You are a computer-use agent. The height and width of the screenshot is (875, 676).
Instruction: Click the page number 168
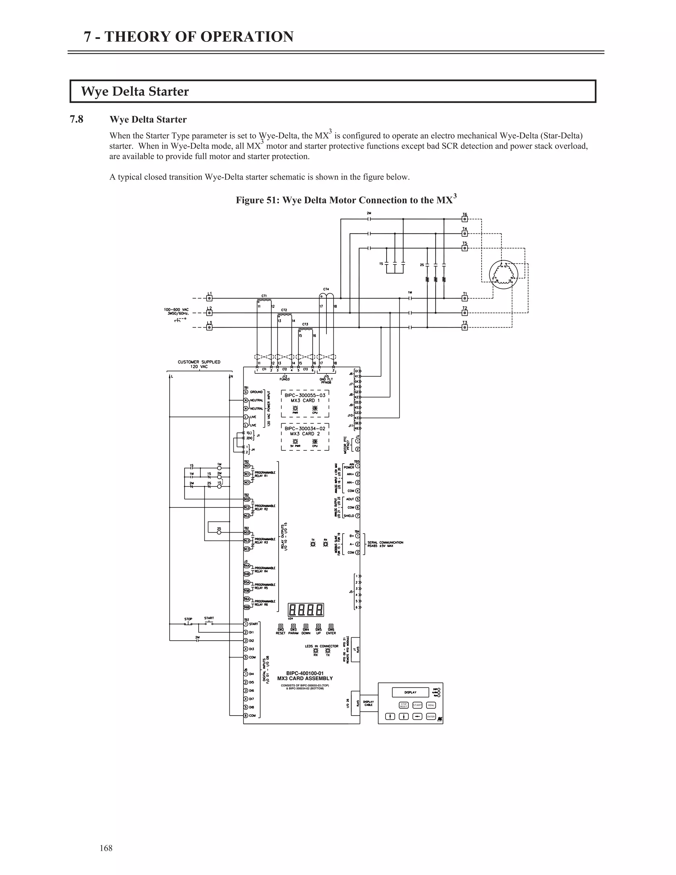[106, 848]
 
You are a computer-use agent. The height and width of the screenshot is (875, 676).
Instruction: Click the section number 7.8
[77, 120]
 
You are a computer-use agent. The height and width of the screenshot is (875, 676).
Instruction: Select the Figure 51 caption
[346, 199]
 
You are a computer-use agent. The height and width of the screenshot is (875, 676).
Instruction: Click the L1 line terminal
[209, 298]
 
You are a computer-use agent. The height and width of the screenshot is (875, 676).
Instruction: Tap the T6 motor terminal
[464, 219]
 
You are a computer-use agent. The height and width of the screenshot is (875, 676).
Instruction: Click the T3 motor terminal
[464, 327]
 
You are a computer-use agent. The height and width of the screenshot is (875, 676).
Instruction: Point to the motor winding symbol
[503, 274]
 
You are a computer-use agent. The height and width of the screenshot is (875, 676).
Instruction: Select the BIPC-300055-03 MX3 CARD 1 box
[305, 403]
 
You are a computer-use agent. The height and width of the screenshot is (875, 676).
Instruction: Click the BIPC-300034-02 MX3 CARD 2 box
[305, 437]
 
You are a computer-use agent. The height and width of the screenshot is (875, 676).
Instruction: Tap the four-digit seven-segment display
[306, 610]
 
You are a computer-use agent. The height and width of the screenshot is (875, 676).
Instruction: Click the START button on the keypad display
[417, 705]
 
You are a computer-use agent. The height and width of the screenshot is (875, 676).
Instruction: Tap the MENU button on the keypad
[431, 705]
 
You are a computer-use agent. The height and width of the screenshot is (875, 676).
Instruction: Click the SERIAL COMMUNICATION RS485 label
[385, 544]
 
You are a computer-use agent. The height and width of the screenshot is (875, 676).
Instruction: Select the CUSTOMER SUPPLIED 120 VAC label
[199, 364]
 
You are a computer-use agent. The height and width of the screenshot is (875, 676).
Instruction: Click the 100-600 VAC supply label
[176, 311]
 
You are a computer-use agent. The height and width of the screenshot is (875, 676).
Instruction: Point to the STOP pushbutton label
[188, 619]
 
